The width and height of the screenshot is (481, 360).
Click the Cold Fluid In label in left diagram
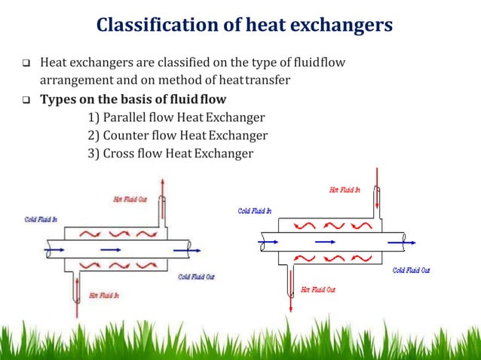(38, 219)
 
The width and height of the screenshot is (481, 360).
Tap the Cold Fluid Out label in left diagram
(196, 277)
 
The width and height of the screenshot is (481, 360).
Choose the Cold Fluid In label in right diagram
(255, 211)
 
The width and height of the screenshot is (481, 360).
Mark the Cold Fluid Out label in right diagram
(411, 270)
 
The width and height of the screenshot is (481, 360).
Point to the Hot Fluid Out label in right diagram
(317, 288)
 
